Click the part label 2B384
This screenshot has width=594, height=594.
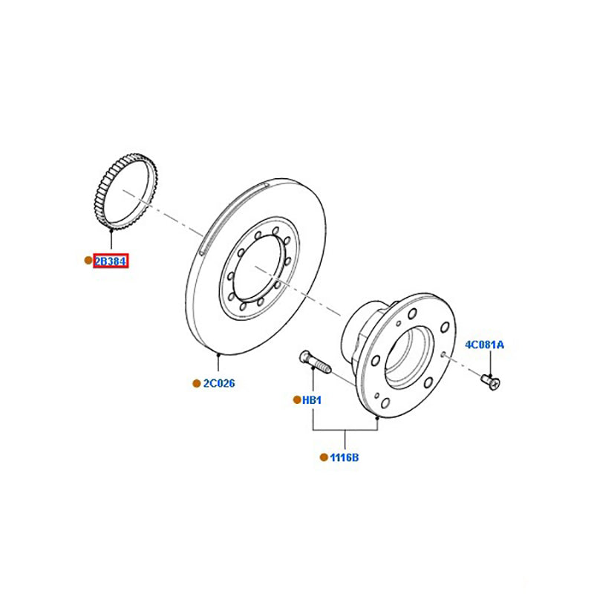(111, 261)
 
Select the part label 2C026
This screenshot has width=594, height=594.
(219, 384)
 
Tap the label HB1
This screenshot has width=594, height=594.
(311, 400)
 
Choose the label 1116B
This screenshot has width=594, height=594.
(345, 457)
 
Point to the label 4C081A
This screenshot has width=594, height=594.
(484, 345)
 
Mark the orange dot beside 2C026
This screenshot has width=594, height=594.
(197, 384)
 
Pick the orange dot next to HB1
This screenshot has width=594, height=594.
(296, 400)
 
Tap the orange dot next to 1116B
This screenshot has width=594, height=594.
(323, 457)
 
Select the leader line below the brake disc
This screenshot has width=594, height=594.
(219, 363)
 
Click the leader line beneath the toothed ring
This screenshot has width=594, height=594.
(111, 242)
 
